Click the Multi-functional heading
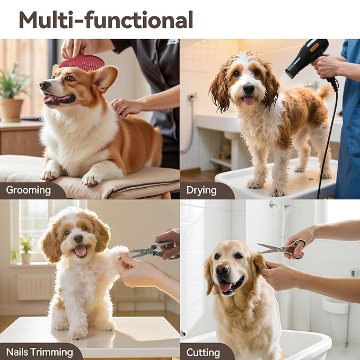pos(106,20)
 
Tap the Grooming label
pos(29,190)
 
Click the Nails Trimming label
pos(40,352)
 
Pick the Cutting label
pos(203,352)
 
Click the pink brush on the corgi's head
pos(82,63)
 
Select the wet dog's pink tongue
pos(248,100)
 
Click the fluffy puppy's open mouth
pos(81,250)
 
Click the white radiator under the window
pos(34,287)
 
